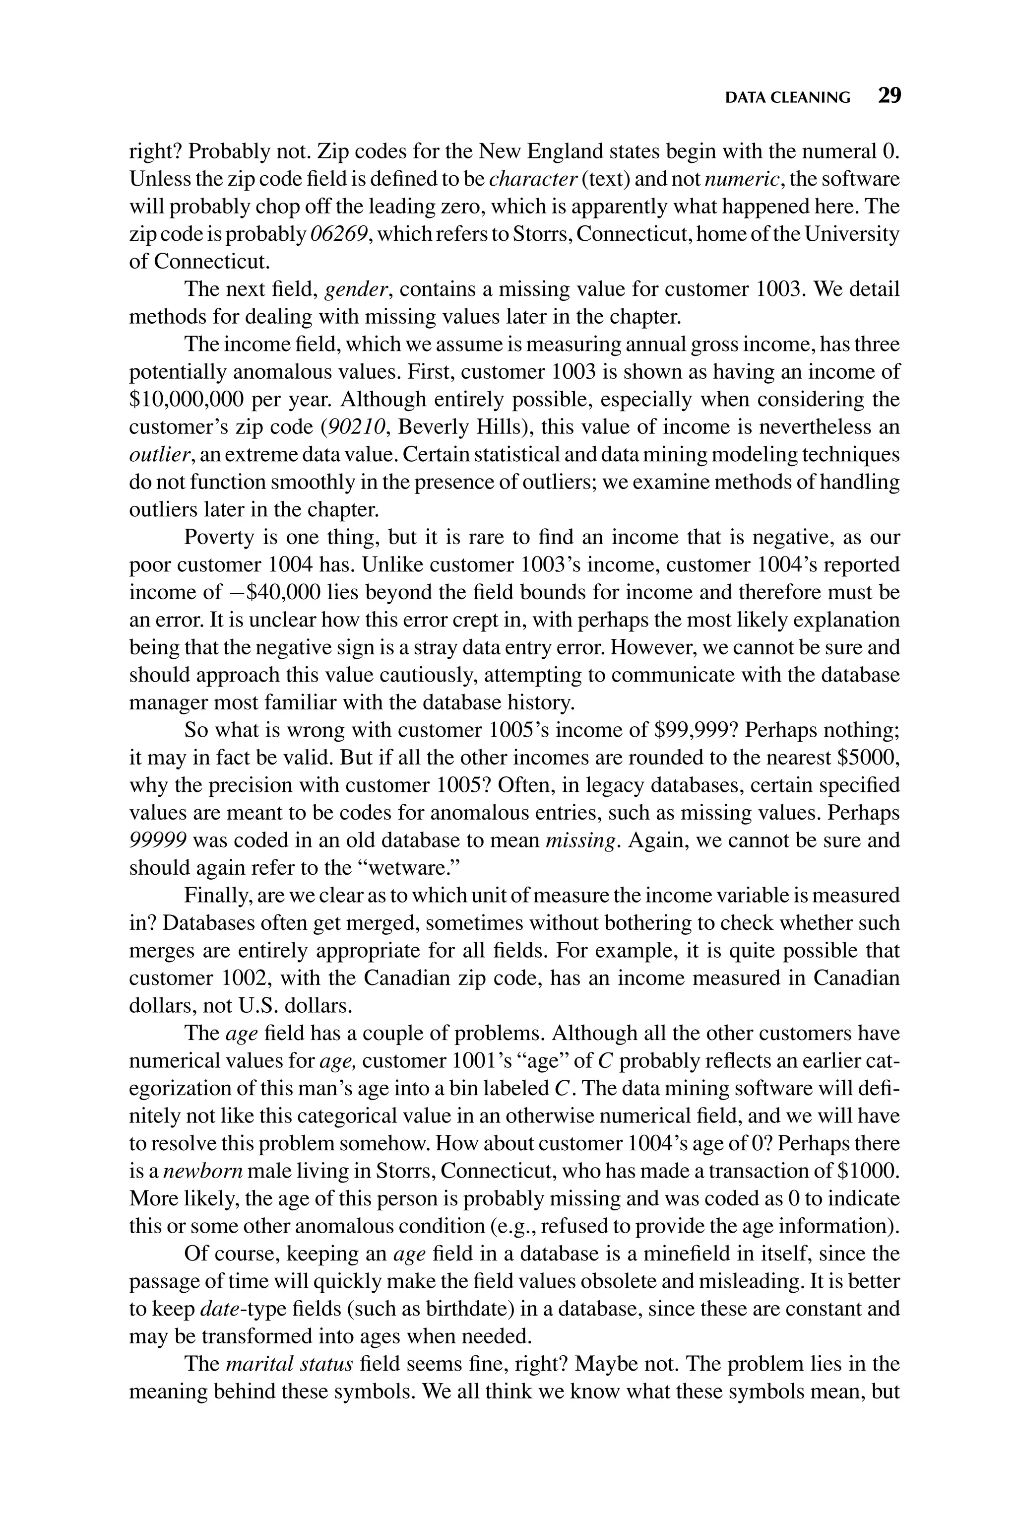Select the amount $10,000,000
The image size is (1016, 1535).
(x=187, y=399)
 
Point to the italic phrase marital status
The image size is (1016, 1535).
(x=288, y=1365)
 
